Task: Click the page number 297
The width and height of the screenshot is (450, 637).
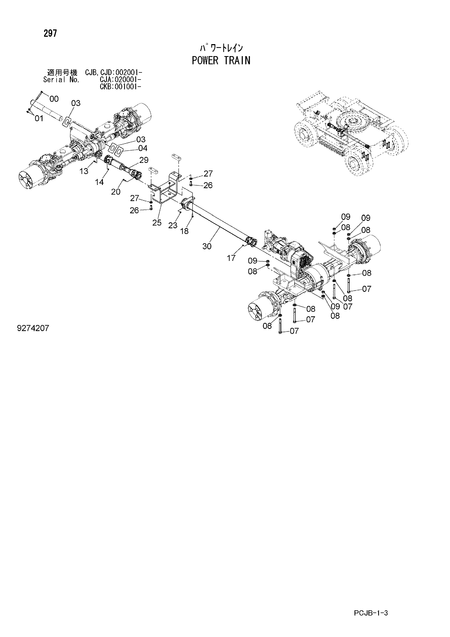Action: click(50, 33)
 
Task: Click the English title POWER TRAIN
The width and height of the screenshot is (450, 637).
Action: click(221, 60)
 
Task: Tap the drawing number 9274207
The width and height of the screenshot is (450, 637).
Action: click(33, 328)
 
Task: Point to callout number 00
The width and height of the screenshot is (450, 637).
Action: click(54, 99)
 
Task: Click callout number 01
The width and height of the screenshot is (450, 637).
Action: click(39, 119)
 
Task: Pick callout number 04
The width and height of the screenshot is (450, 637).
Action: click(143, 148)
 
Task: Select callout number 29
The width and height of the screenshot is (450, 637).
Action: click(144, 160)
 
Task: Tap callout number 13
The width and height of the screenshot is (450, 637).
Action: click(84, 171)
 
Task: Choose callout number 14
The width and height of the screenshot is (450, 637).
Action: click(99, 182)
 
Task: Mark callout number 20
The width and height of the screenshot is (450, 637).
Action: click(116, 192)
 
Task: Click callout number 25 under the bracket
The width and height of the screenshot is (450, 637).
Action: click(157, 223)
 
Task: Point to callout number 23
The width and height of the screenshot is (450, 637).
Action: click(173, 225)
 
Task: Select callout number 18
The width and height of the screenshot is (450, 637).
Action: click(184, 231)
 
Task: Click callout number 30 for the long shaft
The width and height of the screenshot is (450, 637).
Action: click(207, 246)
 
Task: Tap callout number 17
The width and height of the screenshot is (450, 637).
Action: click(231, 258)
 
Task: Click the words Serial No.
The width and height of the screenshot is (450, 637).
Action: click(61, 80)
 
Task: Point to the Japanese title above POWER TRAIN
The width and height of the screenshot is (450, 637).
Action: click(221, 48)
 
